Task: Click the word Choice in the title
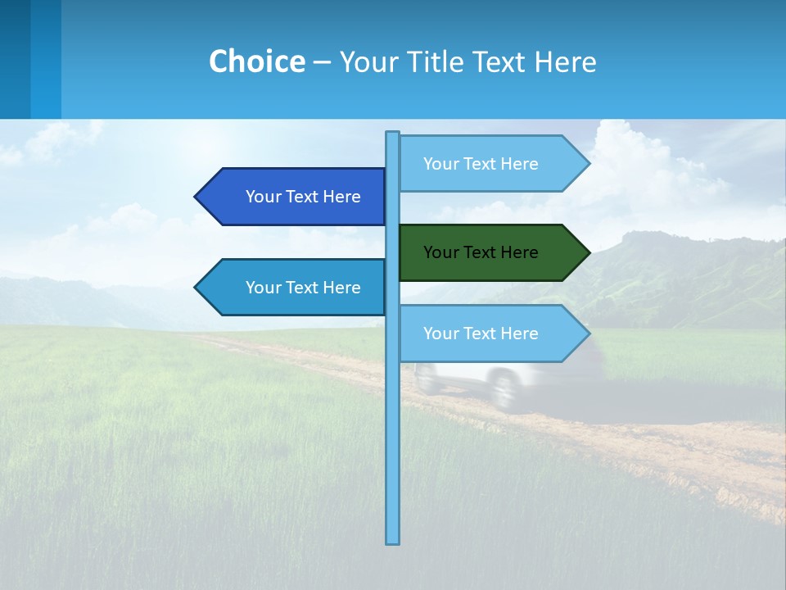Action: click(256, 61)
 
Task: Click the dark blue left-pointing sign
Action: click(295, 197)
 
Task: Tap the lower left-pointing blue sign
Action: click(295, 288)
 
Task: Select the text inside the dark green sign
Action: click(481, 252)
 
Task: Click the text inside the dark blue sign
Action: click(303, 197)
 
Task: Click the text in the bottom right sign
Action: click(481, 334)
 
